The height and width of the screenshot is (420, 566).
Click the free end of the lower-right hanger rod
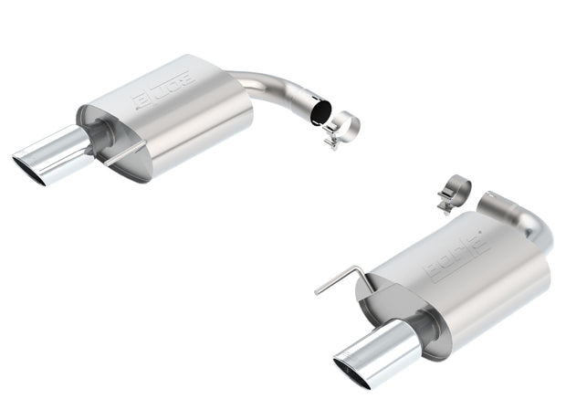pos(317,292)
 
